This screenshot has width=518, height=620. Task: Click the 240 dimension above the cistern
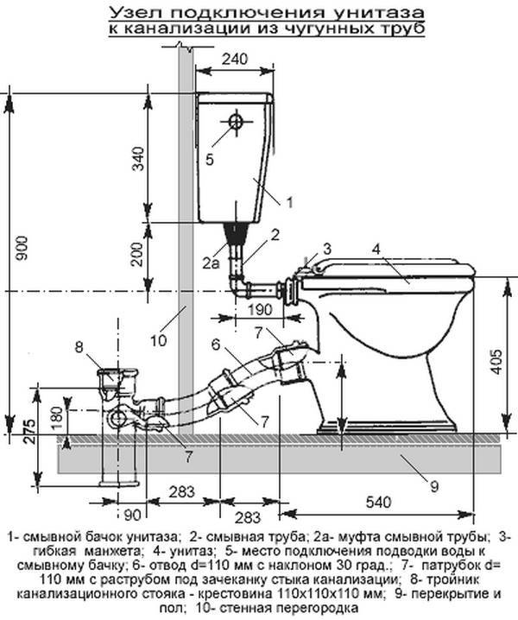pyautogui.click(x=235, y=59)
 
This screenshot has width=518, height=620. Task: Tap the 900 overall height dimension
pyautogui.click(x=22, y=248)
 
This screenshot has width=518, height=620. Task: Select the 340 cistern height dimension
pyautogui.click(x=138, y=158)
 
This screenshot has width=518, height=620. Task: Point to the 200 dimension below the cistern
pyautogui.click(x=137, y=254)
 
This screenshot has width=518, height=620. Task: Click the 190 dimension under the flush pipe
pyautogui.click(x=259, y=309)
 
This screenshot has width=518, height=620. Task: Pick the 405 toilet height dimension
pyautogui.click(x=496, y=362)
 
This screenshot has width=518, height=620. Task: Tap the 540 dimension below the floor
pyautogui.click(x=378, y=503)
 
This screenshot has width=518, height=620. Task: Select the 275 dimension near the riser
pyautogui.click(x=28, y=432)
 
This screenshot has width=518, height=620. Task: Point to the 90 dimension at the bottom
pyautogui.click(x=132, y=516)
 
